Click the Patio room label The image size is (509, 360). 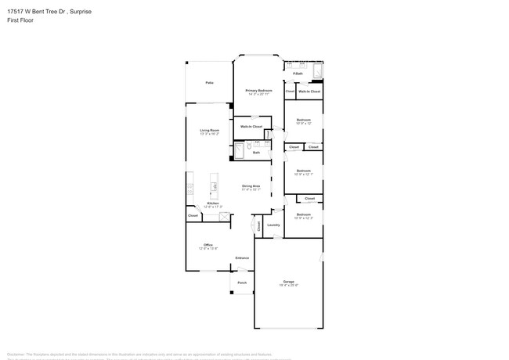(x=209, y=82)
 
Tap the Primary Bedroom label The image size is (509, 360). (x=258, y=91)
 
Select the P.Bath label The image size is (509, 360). (x=298, y=74)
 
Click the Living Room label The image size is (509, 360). (x=209, y=131)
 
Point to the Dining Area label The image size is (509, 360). (x=251, y=186)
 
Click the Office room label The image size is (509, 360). (x=208, y=246)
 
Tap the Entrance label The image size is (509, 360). (x=242, y=257)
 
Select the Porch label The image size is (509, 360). (x=242, y=283)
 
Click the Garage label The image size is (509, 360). (x=288, y=282)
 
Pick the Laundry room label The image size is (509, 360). (x=273, y=225)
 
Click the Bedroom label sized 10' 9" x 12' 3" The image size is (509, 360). (x=303, y=215)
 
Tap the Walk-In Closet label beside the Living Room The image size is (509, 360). (x=251, y=126)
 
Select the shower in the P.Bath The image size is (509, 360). (x=317, y=72)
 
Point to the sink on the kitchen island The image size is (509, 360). (x=214, y=187)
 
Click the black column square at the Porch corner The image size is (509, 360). (x=231, y=293)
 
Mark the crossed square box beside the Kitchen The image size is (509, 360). (x=225, y=217)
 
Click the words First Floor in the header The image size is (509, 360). (x=17, y=20)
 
